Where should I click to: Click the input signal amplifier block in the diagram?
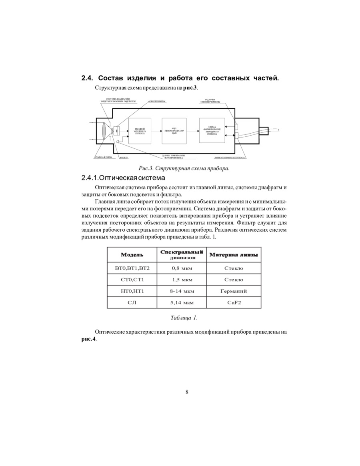tap(140, 131)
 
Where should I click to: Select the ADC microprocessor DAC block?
tap(174, 131)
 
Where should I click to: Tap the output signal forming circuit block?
tap(212, 130)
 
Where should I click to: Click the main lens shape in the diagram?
tap(104, 131)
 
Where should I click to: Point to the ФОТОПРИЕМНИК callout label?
tap(157, 102)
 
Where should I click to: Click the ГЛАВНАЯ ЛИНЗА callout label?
tap(103, 158)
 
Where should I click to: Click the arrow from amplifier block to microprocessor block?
tap(156, 130)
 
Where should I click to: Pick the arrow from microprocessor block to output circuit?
tap(193, 130)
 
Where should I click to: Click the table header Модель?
tap(132, 255)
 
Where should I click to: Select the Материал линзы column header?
tap(234, 255)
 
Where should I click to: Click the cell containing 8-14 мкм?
tap(182, 291)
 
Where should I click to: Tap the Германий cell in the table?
tap(234, 291)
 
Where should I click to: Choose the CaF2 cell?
tap(234, 303)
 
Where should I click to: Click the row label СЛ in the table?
tap(132, 303)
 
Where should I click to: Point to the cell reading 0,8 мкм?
tap(182, 268)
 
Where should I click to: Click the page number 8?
tap(187, 392)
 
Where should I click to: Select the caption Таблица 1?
tap(184, 318)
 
